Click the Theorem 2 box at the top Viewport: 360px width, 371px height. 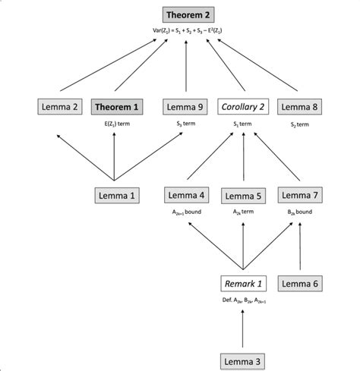point(186,15)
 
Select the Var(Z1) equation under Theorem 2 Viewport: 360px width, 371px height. point(186,31)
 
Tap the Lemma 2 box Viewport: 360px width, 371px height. point(58,108)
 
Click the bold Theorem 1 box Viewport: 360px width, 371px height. point(115,108)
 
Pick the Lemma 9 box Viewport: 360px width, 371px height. point(186,108)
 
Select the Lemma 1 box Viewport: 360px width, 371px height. point(115,196)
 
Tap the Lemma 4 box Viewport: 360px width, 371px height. point(186,196)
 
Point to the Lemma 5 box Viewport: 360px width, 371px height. point(243,196)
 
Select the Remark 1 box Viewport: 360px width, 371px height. point(243,283)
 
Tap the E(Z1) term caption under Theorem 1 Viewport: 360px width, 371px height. point(115,123)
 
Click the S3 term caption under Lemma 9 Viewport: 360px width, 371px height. point(186,123)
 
